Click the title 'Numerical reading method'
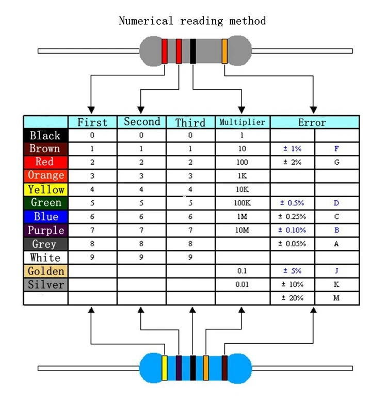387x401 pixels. pos(192,21)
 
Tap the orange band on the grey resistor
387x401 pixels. pos(224,51)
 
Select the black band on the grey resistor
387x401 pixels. pos(193,51)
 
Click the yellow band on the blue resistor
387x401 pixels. pos(165,368)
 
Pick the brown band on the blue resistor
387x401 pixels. pos(224,368)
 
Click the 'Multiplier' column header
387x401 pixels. pos(242,122)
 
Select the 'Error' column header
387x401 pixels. pos(312,122)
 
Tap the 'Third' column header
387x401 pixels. pos(190,122)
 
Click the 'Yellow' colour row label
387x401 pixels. pos(46,189)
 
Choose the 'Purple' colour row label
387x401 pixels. pos(46,230)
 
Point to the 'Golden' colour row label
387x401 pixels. pos(46,271)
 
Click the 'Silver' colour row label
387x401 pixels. pos(46,284)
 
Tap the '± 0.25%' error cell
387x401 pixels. pos(292,217)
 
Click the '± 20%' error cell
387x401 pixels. pos(292,298)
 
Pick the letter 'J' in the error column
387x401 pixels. pos(336,271)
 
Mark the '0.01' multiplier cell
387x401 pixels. pos(242,284)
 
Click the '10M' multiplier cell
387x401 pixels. pos(242,230)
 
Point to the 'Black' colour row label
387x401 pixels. pos(45,136)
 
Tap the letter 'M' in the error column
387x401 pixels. pos(336,298)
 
